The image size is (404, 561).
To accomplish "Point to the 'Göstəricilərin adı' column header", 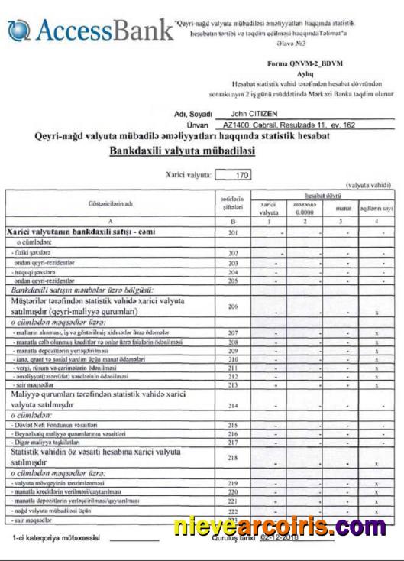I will click(x=108, y=203).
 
